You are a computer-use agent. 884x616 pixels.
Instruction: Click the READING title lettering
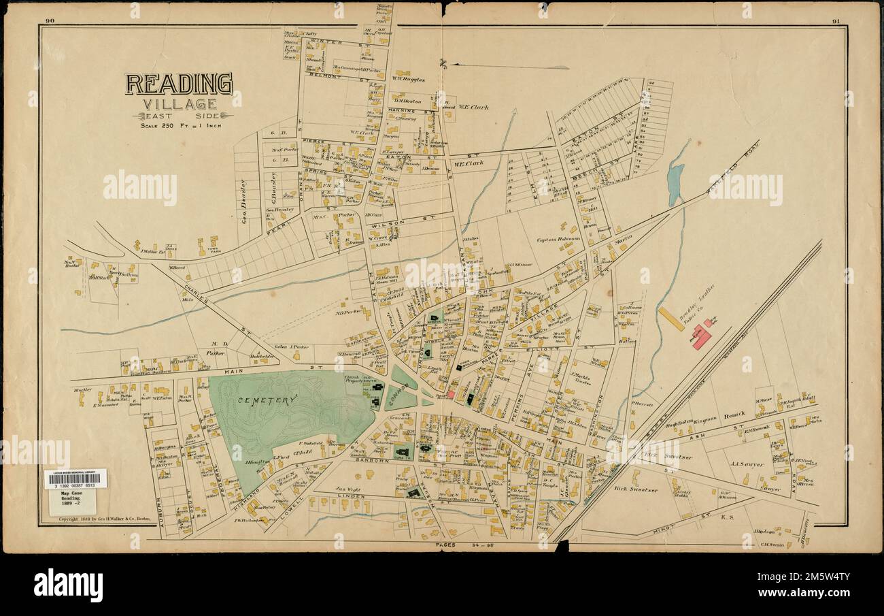pyautogui.click(x=178, y=84)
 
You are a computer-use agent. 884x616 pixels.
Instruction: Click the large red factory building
pyautogui.click(x=701, y=336)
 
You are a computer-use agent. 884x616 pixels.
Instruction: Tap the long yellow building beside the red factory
pyautogui.click(x=670, y=319)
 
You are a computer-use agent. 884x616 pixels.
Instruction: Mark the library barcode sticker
pyautogui.click(x=75, y=479)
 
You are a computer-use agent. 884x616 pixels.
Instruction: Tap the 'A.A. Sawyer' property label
pyautogui.click(x=747, y=464)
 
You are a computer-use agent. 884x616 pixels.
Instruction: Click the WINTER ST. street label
pyautogui.click(x=326, y=42)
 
